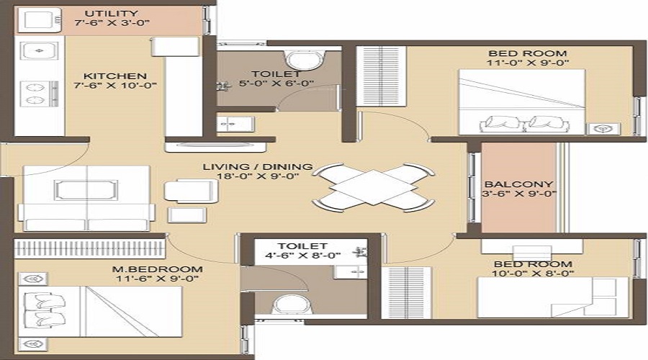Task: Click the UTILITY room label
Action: (112, 14)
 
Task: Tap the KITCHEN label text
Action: (115, 76)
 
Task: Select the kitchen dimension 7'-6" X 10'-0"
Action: (115, 86)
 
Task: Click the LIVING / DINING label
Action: (258, 167)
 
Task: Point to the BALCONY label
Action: (518, 184)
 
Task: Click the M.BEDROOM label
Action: (158, 269)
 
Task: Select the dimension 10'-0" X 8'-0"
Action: (533, 274)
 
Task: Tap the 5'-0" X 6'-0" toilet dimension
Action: (276, 84)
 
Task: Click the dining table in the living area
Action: (373, 186)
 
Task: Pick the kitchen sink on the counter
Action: (39, 51)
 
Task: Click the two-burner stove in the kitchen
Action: (39, 94)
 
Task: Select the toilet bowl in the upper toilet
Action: (306, 60)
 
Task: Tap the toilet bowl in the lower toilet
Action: (292, 305)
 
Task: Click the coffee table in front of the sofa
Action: (86, 190)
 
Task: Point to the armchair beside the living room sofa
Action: (192, 191)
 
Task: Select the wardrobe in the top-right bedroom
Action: (381, 76)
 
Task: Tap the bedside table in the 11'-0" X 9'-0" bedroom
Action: (604, 129)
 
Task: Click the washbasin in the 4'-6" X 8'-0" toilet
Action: (351, 271)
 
